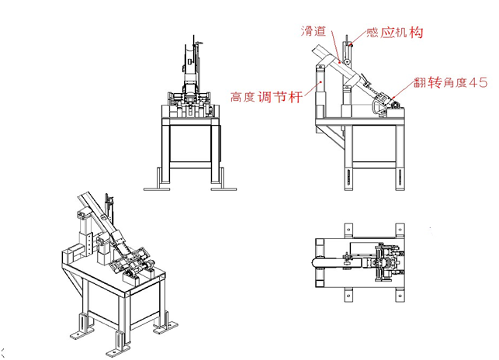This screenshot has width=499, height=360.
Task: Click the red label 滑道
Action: click(313, 31)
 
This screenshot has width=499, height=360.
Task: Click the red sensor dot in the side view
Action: click(351, 46)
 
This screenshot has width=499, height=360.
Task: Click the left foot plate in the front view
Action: click(159, 185)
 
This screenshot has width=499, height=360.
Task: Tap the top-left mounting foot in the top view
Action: click(347, 230)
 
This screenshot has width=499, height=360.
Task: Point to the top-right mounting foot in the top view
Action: click(399, 230)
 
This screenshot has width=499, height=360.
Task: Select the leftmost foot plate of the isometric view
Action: click(80, 331)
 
